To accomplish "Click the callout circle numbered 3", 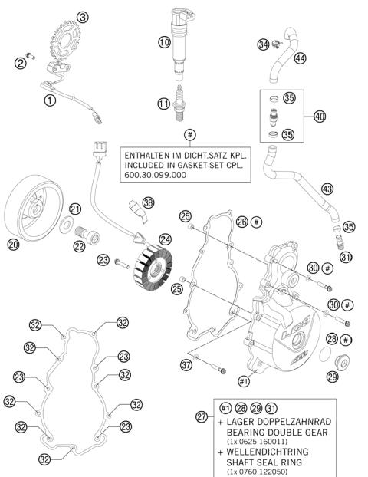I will (x=83, y=17).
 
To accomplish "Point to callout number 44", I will (x=300, y=58).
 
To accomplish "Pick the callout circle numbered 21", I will (x=74, y=209).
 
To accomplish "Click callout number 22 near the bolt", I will (x=78, y=245).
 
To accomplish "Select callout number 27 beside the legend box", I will (x=202, y=416).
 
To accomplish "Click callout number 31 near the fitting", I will (x=346, y=257).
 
